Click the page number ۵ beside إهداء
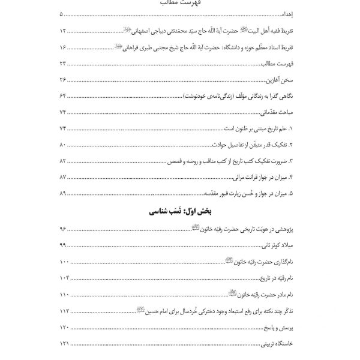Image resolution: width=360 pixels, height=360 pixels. coord(61,13)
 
